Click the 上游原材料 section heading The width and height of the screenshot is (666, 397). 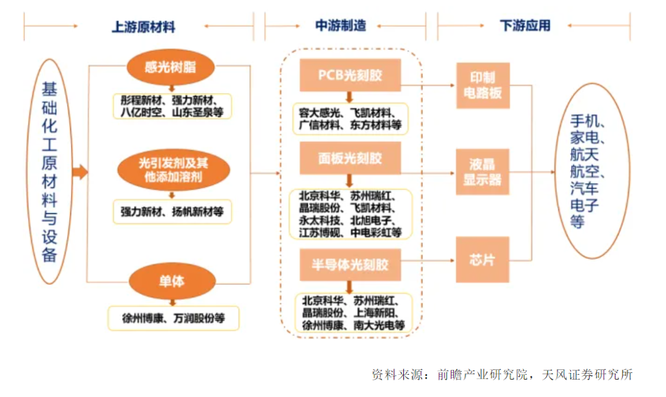[143, 27]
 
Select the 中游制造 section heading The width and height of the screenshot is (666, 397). [340, 26]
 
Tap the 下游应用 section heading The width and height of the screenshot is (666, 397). [525, 26]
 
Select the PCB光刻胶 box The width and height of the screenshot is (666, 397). [350, 75]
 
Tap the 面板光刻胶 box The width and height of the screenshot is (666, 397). [350, 158]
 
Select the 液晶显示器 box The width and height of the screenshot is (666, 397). [483, 172]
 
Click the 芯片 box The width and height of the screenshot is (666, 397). [483, 259]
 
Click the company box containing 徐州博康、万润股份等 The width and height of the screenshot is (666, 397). [173, 319]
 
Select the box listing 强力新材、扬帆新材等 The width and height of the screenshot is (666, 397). [172, 211]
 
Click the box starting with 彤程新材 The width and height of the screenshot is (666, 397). [172, 106]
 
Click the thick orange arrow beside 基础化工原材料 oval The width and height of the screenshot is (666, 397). [79, 172]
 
